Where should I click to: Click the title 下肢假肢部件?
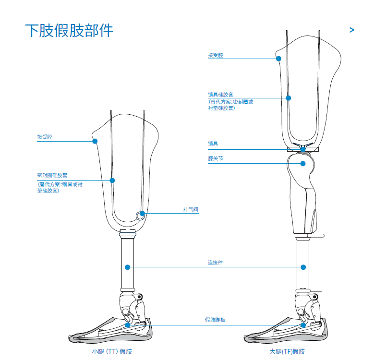click(x=69, y=30)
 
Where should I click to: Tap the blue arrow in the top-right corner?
click(x=352, y=30)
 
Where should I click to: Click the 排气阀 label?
click(x=191, y=209)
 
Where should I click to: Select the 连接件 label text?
click(x=215, y=263)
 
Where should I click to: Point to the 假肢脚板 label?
click(x=215, y=320)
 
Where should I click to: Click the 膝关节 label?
click(x=216, y=158)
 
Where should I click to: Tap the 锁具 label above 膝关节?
click(x=213, y=144)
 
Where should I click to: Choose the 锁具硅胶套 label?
click(x=220, y=95)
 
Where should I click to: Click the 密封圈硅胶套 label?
click(x=52, y=176)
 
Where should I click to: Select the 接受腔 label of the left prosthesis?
click(x=45, y=137)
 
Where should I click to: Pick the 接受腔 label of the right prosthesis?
click(x=216, y=56)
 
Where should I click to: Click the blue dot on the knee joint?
click(x=303, y=163)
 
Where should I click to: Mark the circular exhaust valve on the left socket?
click(x=140, y=216)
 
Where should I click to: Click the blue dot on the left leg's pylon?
click(x=128, y=266)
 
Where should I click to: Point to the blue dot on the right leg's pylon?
click(x=303, y=267)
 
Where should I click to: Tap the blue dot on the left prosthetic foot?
click(x=128, y=325)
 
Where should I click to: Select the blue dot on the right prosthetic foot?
click(x=303, y=325)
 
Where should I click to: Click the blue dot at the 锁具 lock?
click(x=303, y=149)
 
